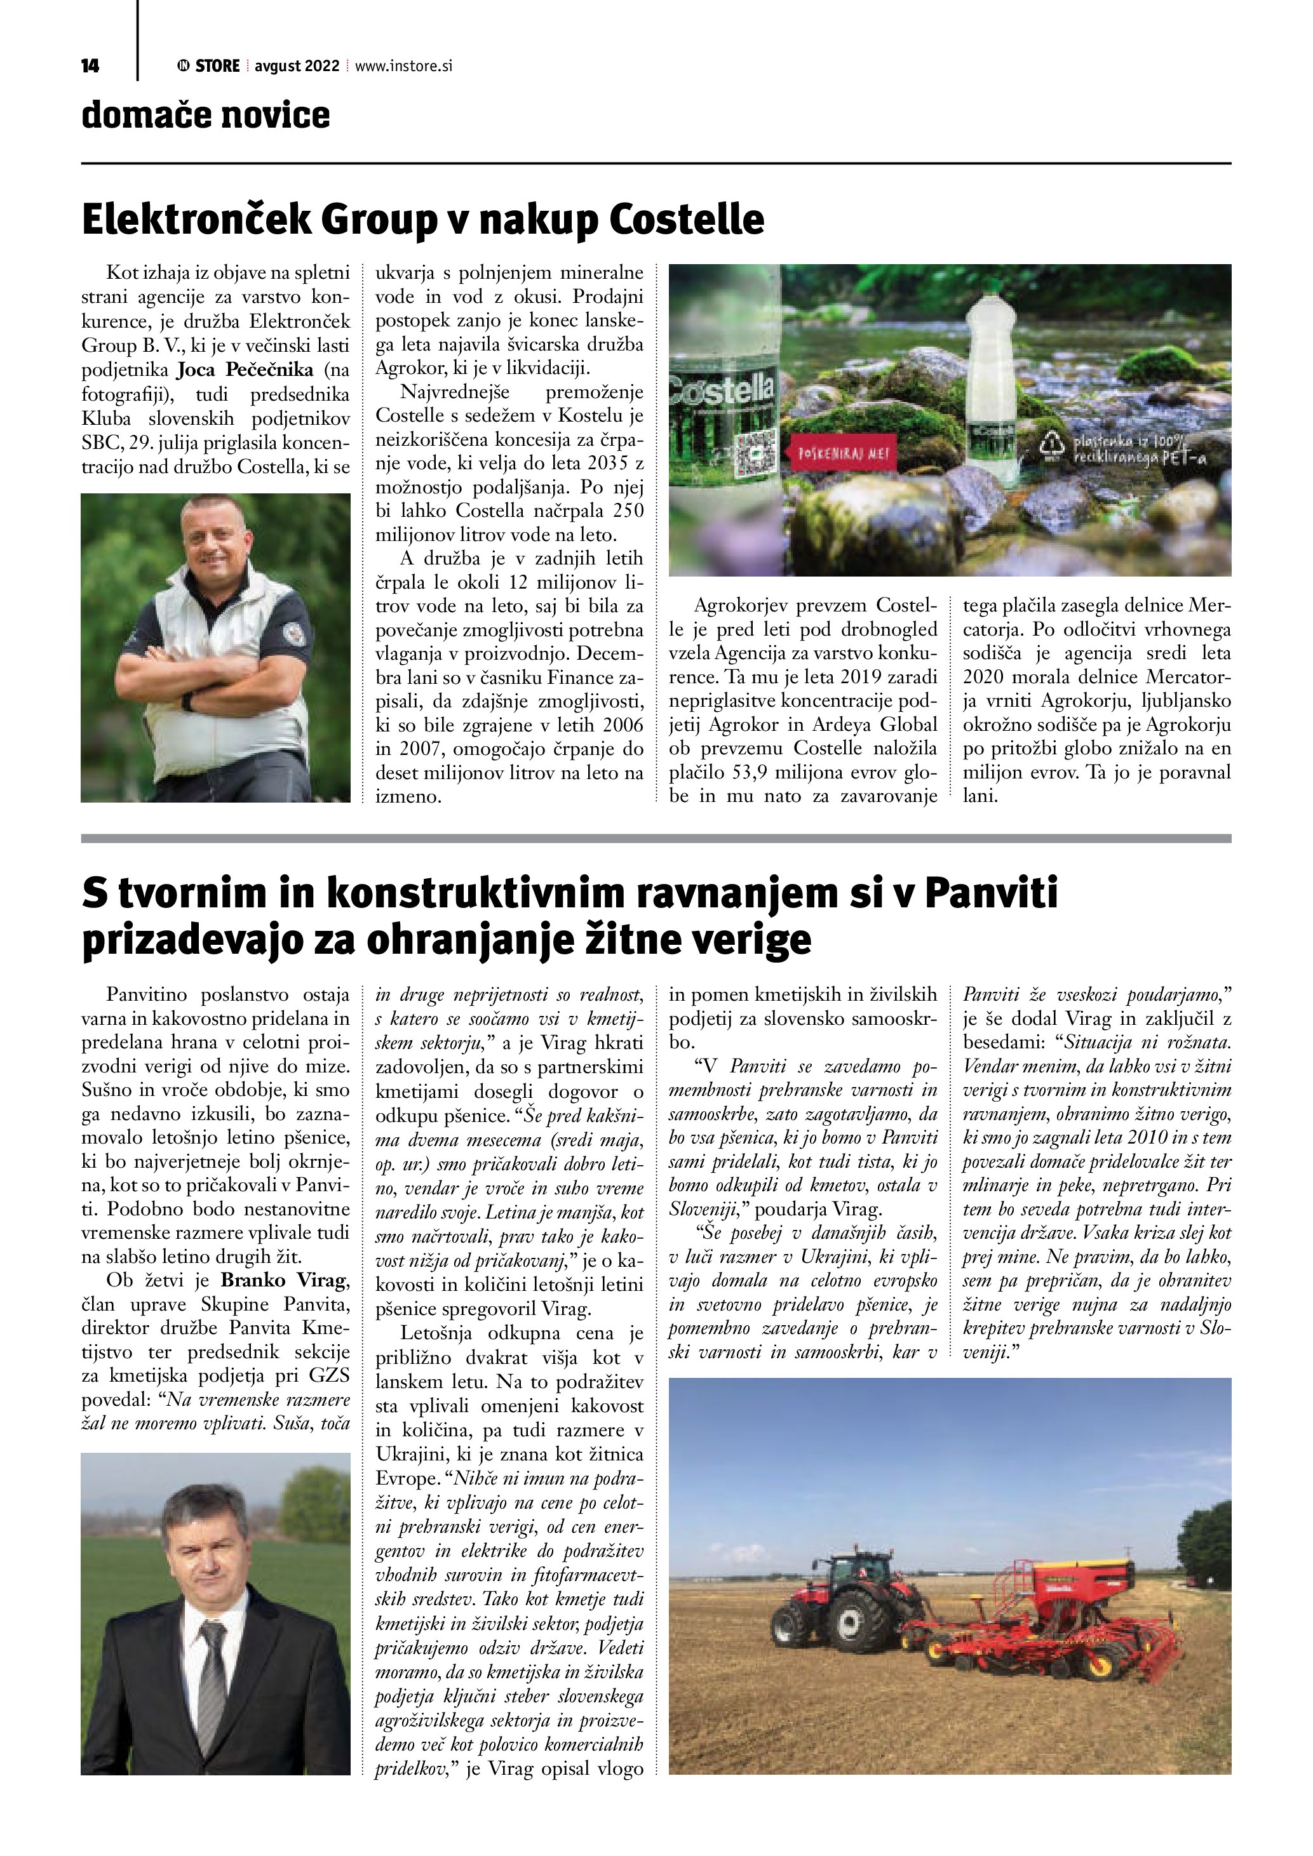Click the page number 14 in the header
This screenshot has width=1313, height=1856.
tap(90, 66)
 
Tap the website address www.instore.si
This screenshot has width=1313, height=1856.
tap(403, 66)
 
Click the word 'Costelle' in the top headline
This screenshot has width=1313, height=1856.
tap(687, 220)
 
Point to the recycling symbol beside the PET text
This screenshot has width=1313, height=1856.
tap(1053, 449)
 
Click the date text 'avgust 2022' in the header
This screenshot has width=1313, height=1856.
tap(297, 66)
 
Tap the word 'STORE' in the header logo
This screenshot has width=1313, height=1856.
tap(217, 66)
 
